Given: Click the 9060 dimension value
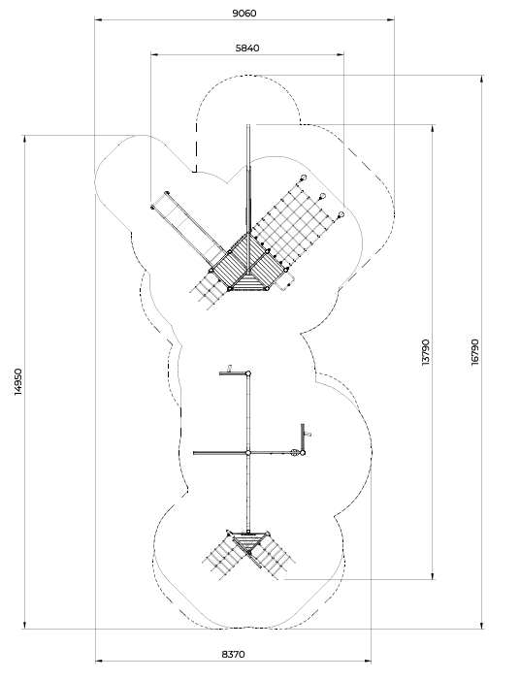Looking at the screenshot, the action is [244, 13].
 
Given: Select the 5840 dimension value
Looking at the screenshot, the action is [247, 48].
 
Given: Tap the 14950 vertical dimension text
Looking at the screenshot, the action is [17, 381].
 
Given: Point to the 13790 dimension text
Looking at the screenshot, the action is [426, 352].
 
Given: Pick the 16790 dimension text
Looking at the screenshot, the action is [475, 352].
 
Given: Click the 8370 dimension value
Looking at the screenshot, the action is [234, 654].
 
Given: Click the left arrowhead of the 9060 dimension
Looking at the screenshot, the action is [98, 19].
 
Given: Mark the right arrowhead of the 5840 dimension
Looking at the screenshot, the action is [341, 54].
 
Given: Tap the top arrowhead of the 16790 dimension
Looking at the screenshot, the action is [481, 79].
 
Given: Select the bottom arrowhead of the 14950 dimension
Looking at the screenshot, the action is [24, 625].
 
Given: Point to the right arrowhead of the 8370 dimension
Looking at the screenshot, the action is [368, 661].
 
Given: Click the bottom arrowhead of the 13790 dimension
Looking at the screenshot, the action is [433, 575].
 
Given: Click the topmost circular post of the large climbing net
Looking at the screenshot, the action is [303, 178].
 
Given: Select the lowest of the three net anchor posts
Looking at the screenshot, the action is [341, 214].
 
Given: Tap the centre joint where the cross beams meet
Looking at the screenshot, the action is [248, 453].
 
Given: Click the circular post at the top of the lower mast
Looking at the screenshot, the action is [248, 372].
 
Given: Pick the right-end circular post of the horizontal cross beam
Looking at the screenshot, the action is [303, 453].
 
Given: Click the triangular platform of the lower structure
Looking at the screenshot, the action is [248, 541].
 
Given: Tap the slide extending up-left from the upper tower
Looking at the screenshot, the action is [191, 230].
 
